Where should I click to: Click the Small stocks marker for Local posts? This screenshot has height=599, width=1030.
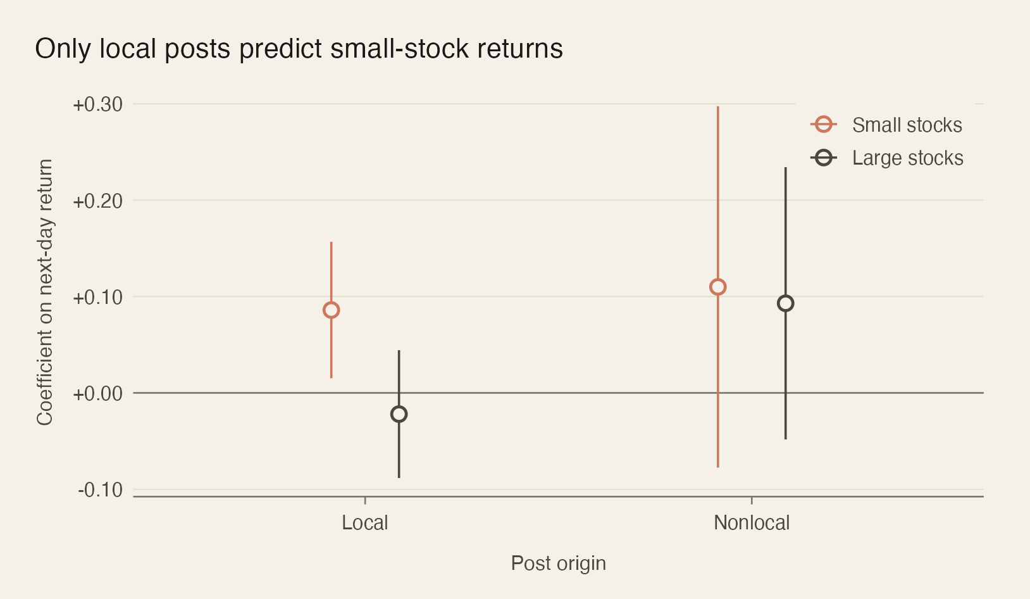[331, 310]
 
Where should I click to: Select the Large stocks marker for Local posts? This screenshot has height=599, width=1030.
[399, 414]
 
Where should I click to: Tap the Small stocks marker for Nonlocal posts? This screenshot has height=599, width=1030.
[717, 287]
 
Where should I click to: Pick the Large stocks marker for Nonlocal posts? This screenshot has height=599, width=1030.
[785, 303]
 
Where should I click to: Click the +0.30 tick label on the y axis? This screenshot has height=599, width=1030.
[98, 104]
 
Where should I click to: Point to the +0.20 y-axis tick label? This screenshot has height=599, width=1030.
[98, 201]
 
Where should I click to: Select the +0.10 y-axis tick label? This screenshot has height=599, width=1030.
[98, 298]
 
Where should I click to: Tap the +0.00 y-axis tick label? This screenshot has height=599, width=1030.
[98, 394]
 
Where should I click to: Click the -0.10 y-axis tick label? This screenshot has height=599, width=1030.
[101, 490]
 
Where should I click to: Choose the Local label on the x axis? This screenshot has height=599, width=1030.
[364, 523]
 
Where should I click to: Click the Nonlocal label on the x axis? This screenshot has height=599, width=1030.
[751, 523]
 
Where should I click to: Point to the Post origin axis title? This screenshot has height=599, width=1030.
[558, 564]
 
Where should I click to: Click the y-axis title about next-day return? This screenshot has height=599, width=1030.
[45, 293]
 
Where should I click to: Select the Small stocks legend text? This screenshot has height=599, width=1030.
[907, 125]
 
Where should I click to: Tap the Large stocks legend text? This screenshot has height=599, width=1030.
[907, 158]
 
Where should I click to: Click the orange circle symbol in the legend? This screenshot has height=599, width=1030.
[823, 125]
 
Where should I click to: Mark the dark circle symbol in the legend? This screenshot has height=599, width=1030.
[823, 158]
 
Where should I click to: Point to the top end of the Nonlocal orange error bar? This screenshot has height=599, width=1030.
[717, 107]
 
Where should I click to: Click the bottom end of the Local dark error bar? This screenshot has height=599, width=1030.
[399, 477]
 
